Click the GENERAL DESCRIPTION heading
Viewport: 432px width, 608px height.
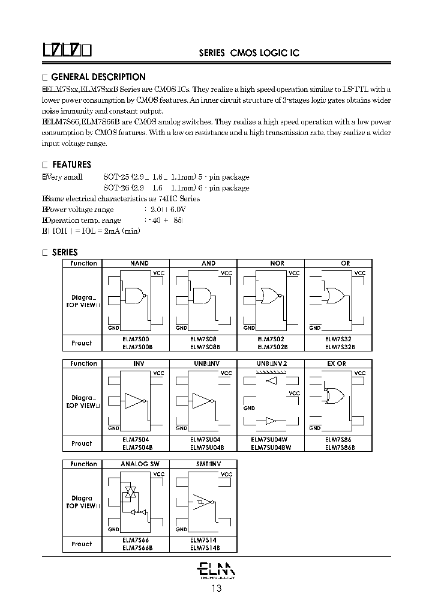click(98, 77)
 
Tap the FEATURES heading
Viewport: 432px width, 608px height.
click(71, 165)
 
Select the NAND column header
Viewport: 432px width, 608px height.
click(139, 263)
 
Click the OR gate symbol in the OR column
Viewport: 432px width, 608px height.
click(334, 296)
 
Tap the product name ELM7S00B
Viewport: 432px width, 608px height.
click(137, 347)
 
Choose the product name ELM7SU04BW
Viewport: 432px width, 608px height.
click(271, 447)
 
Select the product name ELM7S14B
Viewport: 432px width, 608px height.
click(205, 547)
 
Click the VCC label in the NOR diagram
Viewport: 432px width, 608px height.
click(294, 273)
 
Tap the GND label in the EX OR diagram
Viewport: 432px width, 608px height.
click(315, 428)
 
